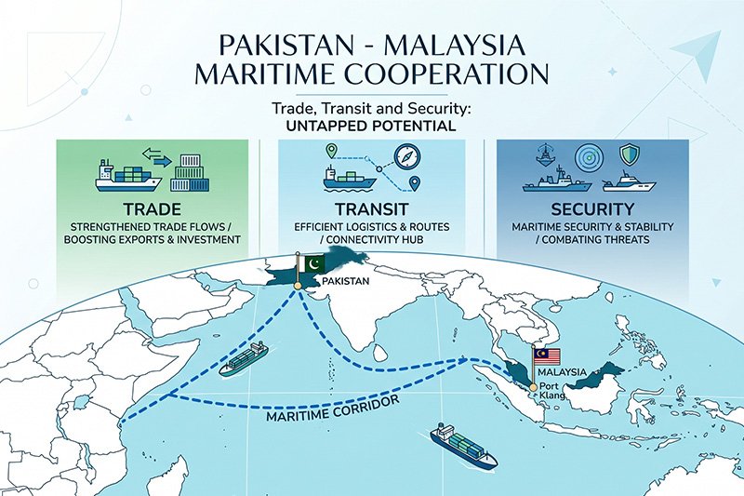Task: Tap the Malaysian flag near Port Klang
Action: point(546,356)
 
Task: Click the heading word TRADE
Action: point(153,209)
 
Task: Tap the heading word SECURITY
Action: point(591,209)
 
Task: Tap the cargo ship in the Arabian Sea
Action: point(244,357)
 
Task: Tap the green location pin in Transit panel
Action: point(330,152)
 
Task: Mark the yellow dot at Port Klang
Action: point(532,386)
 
